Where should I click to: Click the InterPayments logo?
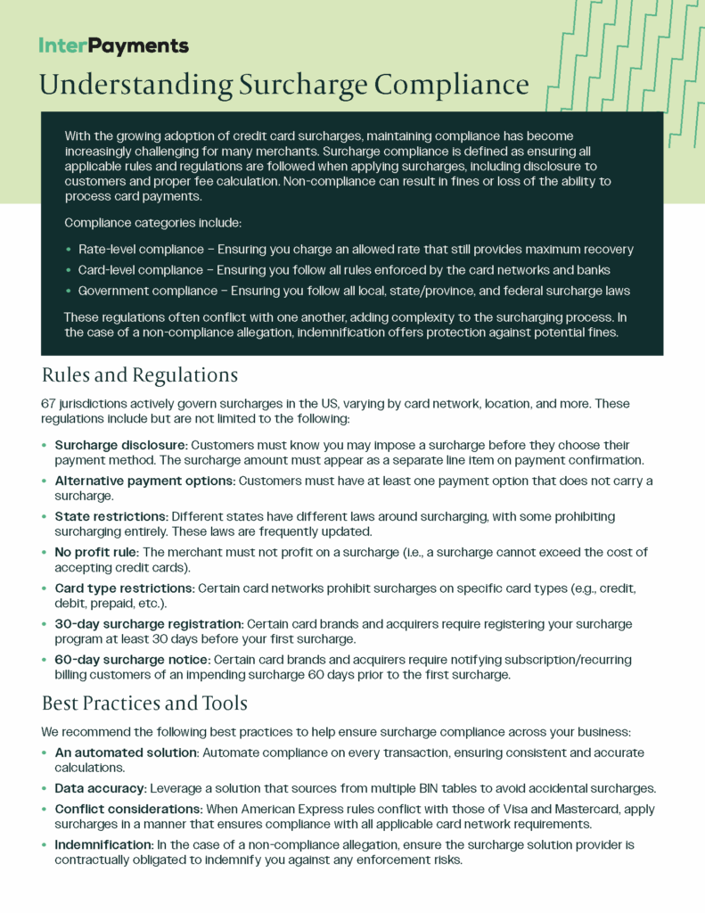click(113, 45)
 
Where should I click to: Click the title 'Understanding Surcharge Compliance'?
click(283, 85)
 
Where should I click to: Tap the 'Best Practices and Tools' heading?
click(144, 703)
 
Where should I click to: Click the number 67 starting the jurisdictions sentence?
click(49, 404)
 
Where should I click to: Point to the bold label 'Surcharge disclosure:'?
click(120, 445)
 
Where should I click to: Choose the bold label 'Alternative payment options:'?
click(144, 481)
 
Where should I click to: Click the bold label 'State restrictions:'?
click(111, 517)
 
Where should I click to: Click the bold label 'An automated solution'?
click(126, 753)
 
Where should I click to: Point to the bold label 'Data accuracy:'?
click(100, 788)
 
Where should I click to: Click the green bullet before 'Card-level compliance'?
click(69, 270)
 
